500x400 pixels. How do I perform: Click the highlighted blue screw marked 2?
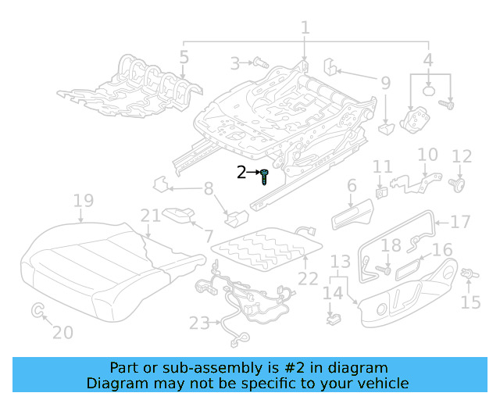[266, 177]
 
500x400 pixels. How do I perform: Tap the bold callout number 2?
[241, 173]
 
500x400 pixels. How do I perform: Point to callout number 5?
[184, 56]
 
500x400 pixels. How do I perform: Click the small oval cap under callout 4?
[429, 91]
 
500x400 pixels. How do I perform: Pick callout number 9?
[385, 81]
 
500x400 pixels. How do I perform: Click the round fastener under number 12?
[459, 184]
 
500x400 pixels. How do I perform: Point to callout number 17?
[461, 222]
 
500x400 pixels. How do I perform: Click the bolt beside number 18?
[382, 270]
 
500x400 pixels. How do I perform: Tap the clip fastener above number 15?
[470, 274]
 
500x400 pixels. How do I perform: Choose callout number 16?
[442, 250]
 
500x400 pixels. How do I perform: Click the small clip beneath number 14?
[334, 318]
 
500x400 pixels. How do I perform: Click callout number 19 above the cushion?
[84, 202]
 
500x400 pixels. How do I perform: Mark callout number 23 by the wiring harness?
[200, 323]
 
